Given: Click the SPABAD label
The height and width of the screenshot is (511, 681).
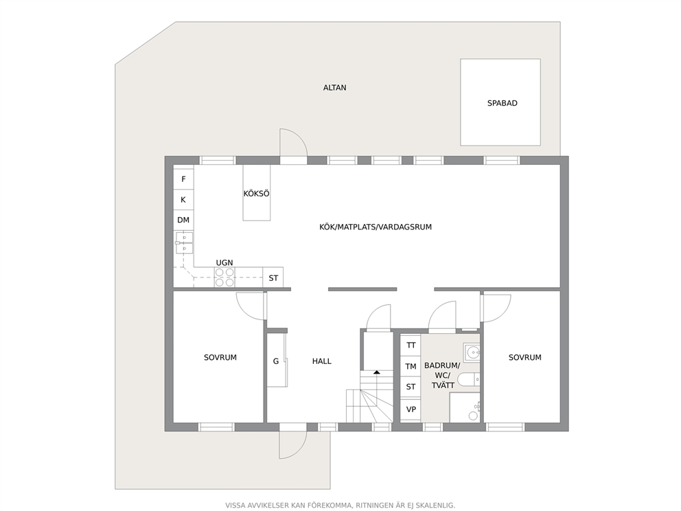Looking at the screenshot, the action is [502, 104].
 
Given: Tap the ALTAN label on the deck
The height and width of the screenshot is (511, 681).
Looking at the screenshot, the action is [334, 88].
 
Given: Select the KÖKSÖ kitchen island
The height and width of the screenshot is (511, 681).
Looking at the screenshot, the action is [256, 192].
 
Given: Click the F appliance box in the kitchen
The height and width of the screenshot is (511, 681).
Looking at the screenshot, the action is [183, 179].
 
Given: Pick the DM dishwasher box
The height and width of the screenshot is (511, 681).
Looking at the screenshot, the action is [183, 220].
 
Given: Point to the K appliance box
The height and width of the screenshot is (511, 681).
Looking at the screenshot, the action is [183, 200].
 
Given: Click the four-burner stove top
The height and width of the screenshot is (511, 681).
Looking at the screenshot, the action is [224, 277].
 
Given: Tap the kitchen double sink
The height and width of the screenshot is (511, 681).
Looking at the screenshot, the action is [184, 243].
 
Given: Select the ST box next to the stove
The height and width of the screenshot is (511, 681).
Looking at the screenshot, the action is [273, 277].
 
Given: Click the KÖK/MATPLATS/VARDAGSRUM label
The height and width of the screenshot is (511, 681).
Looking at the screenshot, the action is [376, 227].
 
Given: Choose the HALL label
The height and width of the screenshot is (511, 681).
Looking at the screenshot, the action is [321, 361].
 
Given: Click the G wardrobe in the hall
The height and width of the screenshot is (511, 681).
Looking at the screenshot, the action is [276, 360].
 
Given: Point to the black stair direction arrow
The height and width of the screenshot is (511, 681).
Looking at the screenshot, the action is [376, 372].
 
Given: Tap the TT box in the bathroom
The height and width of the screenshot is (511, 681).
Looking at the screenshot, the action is [411, 345].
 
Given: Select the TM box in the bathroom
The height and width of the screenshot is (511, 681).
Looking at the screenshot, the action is [411, 366].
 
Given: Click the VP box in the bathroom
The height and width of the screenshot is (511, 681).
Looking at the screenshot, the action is [411, 409].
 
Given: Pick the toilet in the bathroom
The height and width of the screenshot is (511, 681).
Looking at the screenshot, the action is [469, 380].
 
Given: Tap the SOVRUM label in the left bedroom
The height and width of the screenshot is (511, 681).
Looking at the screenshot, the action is [220, 358].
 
